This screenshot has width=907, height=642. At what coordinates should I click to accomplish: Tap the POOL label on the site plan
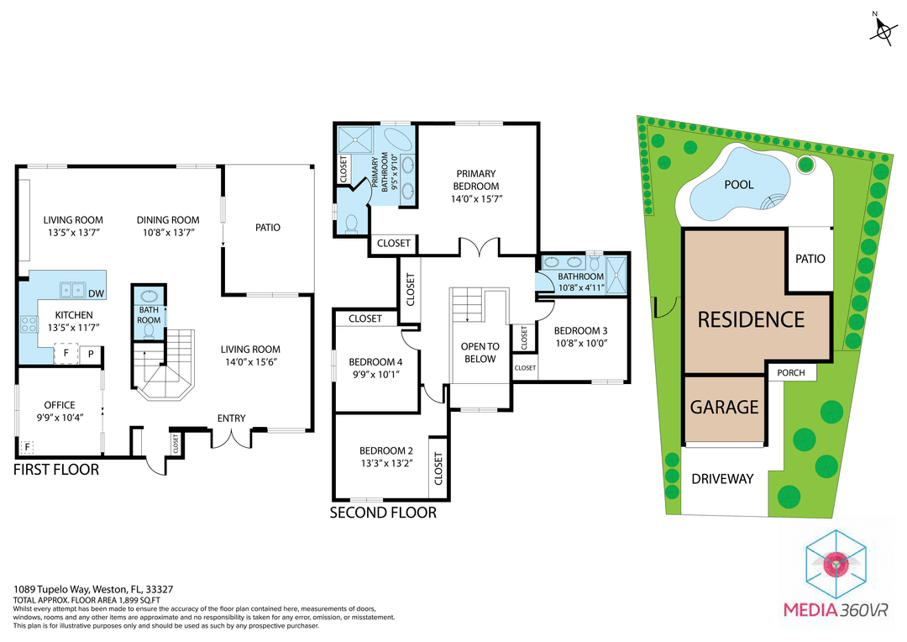(738, 184)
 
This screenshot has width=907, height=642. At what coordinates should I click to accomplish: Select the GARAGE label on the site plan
(724, 407)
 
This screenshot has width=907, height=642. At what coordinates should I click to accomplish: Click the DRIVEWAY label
(722, 479)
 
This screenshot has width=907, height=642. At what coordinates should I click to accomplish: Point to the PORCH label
(791, 373)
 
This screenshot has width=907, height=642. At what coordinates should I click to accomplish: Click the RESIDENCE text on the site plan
(751, 319)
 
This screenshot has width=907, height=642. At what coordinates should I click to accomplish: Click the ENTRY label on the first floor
(231, 418)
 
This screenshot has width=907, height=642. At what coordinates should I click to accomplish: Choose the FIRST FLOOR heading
(56, 470)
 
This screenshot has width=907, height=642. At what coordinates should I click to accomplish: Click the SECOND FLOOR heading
(383, 513)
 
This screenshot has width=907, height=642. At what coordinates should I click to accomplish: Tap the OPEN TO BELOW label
(480, 353)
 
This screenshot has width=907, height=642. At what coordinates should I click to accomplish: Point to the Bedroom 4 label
(376, 361)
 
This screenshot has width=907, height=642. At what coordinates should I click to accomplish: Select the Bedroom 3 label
(580, 330)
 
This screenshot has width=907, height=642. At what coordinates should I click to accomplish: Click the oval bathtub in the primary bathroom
(397, 139)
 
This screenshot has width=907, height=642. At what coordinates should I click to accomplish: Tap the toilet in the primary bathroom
(351, 224)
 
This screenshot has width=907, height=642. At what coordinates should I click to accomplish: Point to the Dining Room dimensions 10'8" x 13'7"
(168, 234)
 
